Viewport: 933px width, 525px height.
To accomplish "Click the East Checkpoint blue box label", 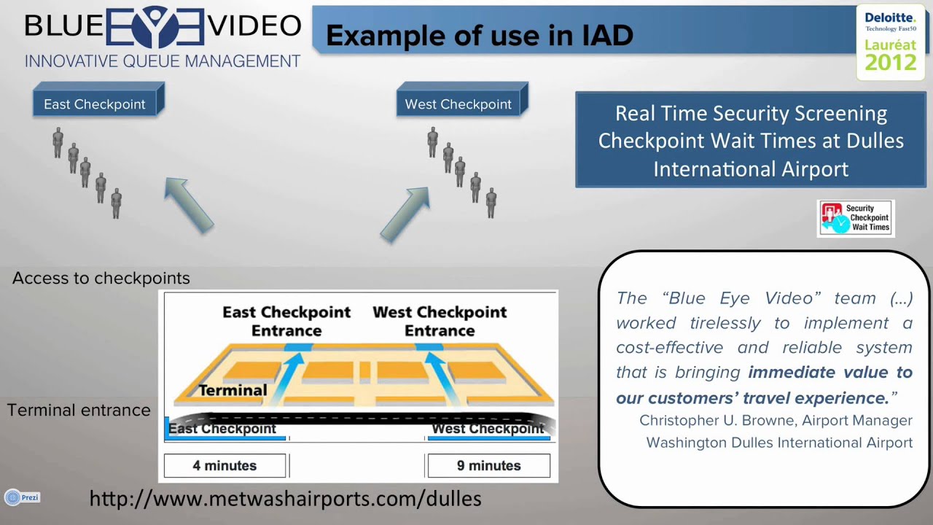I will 95,104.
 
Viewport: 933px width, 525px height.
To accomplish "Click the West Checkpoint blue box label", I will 458,104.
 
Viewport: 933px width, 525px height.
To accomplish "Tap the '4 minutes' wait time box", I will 225,465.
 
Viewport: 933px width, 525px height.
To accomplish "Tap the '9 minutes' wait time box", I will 488,465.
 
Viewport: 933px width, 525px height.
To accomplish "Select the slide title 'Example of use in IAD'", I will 479,35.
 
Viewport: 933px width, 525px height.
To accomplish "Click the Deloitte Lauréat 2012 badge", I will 890,42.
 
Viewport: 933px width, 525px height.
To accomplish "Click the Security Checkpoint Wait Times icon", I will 856,218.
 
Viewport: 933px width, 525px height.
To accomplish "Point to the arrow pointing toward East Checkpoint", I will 188,204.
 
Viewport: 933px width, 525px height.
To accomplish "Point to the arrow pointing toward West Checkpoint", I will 405,214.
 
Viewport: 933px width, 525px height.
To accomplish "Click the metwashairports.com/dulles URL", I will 285,499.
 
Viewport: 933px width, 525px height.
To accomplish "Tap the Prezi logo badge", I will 22,497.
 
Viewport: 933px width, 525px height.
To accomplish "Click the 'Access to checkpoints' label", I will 101,278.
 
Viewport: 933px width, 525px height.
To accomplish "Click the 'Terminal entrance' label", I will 79,410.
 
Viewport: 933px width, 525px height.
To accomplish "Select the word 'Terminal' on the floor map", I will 233,390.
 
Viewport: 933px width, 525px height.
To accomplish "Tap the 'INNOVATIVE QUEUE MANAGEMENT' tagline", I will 163,61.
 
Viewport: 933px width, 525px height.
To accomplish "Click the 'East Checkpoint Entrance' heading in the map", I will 286,321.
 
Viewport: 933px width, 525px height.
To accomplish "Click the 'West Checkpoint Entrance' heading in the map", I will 440,321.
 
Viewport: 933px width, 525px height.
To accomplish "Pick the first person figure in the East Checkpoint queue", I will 58,142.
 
